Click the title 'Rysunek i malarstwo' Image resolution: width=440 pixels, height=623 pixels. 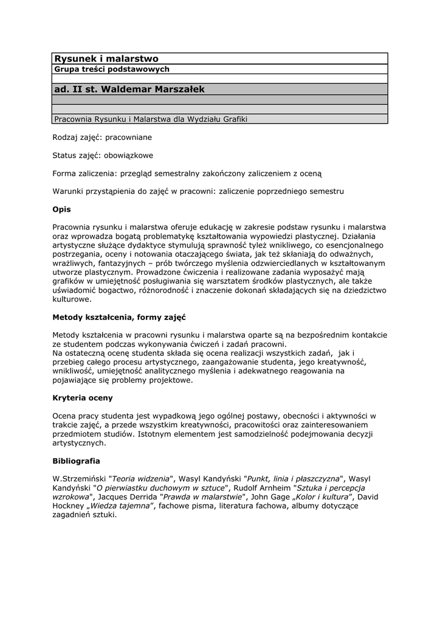coord(106,58)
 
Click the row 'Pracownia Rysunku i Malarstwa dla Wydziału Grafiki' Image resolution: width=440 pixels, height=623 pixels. coord(150,119)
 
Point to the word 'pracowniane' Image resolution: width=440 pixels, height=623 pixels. coord(129,137)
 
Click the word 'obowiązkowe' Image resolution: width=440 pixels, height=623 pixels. coord(128,155)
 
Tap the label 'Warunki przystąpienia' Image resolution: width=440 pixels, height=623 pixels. coord(92,191)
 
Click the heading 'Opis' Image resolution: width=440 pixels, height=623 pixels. coord(62,209)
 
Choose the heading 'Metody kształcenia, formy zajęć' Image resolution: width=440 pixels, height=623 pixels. coord(119,317)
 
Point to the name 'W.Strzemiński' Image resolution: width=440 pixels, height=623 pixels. coord(79,478)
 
